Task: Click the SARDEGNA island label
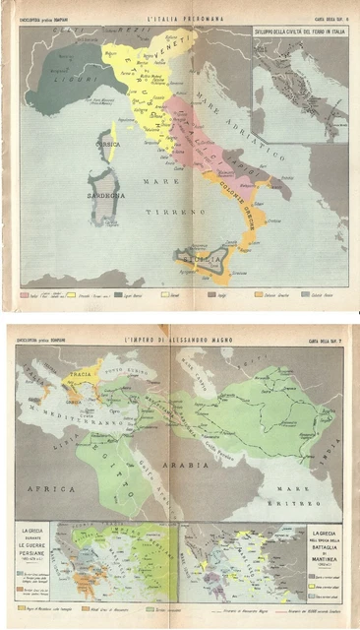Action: pos(106,195)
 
